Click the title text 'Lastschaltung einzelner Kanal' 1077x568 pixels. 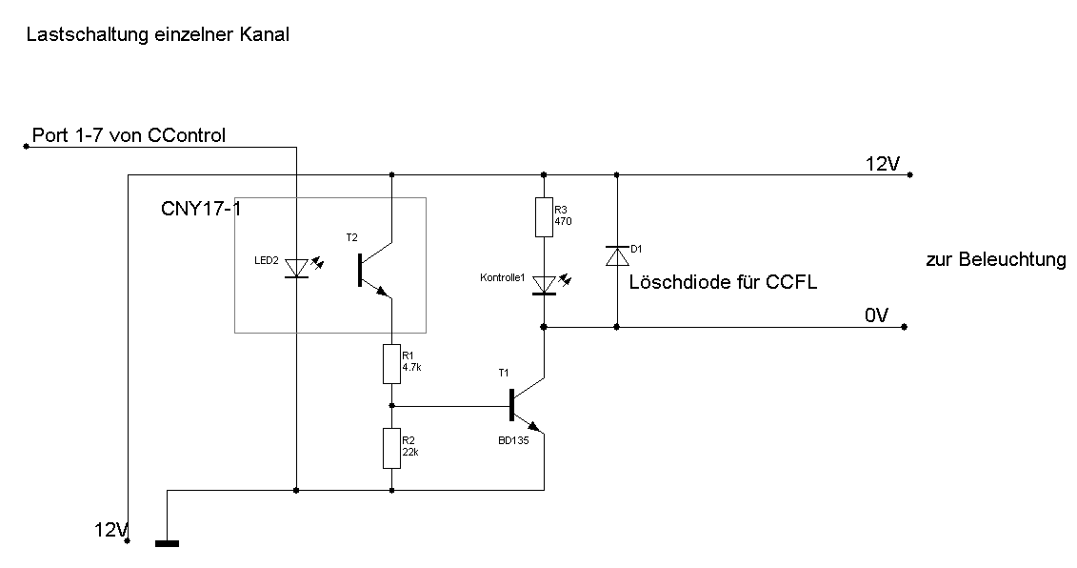tap(158, 35)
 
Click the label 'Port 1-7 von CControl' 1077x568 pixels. tap(129, 135)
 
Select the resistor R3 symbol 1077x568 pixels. tap(543, 217)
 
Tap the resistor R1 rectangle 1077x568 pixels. tap(391, 364)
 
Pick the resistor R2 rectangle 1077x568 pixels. tap(391, 448)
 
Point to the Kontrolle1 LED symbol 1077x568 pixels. tap(544, 284)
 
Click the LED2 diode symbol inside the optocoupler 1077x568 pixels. tap(297, 270)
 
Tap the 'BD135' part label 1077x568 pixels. tap(513, 440)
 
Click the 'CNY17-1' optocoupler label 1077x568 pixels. tap(200, 209)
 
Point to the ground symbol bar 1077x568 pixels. tap(167, 544)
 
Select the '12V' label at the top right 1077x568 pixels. tap(882, 163)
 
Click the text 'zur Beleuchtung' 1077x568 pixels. tap(995, 259)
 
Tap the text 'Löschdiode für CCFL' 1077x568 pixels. tap(723, 282)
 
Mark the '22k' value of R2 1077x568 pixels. tap(410, 452)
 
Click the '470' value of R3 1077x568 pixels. tap(562, 221)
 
